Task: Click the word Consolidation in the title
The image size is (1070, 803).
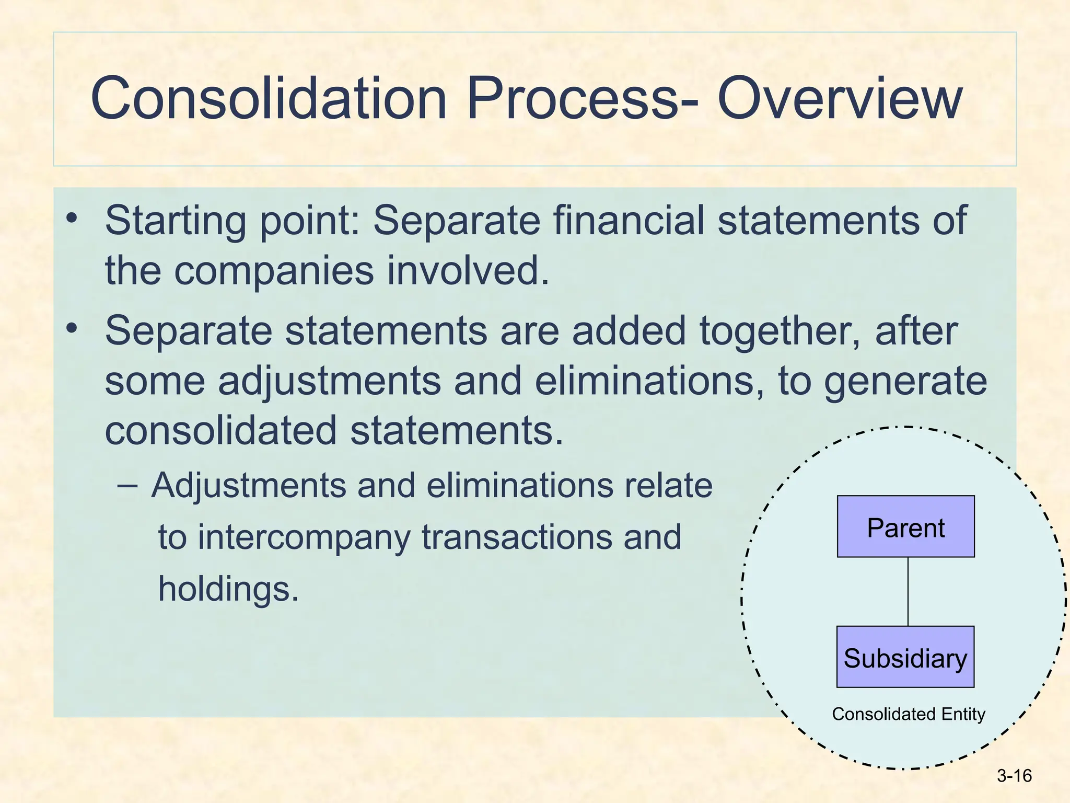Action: (269, 98)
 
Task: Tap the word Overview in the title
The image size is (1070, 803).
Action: (839, 98)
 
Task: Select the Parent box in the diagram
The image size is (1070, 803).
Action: (905, 526)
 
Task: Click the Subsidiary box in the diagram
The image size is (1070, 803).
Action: (905, 657)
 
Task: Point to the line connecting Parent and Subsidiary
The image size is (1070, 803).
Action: (908, 591)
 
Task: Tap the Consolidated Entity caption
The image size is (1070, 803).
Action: (908, 714)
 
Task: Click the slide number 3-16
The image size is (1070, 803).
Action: (1014, 776)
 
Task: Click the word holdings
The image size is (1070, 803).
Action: (228, 589)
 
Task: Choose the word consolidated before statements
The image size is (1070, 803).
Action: (220, 431)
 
